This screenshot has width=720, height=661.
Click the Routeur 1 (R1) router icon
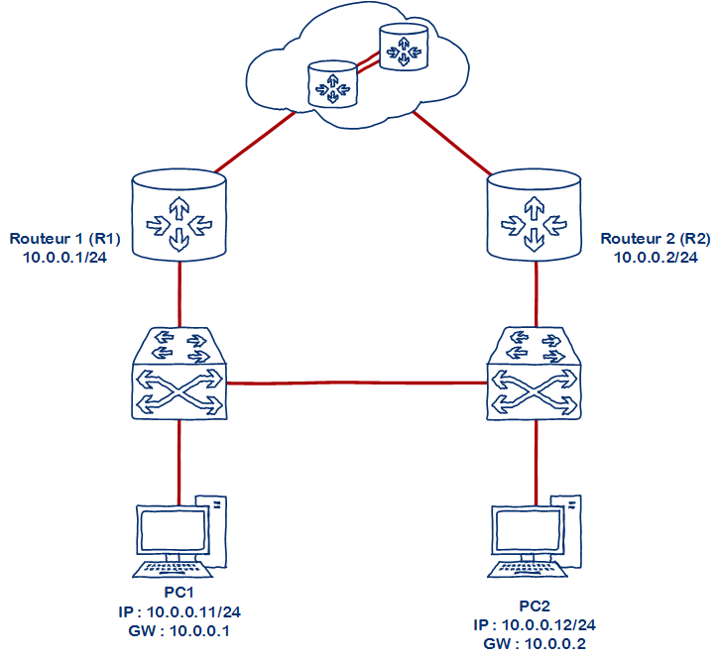(180, 215)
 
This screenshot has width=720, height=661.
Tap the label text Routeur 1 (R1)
(64, 239)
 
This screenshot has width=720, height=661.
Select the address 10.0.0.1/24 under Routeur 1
(64, 257)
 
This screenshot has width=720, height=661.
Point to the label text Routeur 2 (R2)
(656, 239)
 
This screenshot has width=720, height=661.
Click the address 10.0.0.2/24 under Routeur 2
(656, 257)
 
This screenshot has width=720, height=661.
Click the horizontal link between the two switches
(357, 383)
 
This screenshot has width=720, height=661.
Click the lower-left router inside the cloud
(331, 85)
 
